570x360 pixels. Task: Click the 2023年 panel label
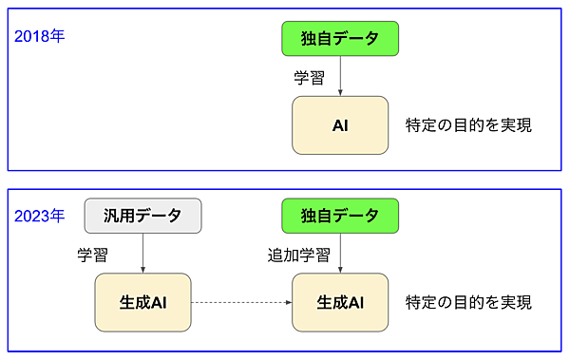click(x=40, y=216)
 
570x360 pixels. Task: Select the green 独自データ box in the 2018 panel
click(x=340, y=39)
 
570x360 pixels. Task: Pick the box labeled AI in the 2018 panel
click(x=340, y=124)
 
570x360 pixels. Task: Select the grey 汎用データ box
click(x=142, y=216)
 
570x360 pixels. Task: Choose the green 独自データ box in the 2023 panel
click(x=340, y=216)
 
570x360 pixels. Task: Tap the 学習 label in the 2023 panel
click(x=92, y=255)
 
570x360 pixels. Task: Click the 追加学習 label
click(x=298, y=255)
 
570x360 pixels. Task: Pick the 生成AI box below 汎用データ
click(x=142, y=302)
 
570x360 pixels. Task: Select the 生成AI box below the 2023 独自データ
click(x=340, y=302)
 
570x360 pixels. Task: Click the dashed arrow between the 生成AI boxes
click(x=241, y=302)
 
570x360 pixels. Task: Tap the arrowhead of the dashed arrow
click(x=287, y=302)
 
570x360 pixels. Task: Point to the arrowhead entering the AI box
click(x=340, y=93)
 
